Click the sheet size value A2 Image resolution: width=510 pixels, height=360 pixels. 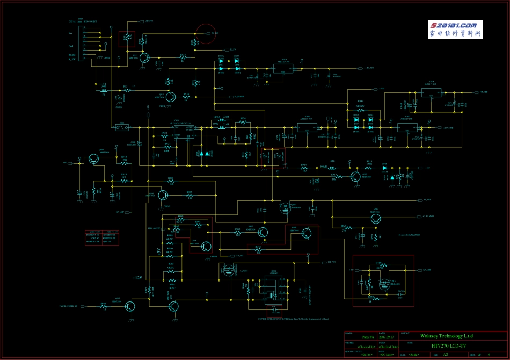pyautogui.click(x=445, y=355)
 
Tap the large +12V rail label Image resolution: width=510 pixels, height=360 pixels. pyautogui.click(x=137, y=278)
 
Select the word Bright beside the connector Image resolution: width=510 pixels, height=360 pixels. pyautogui.click(x=71, y=55)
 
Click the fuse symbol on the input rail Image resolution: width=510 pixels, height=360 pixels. pyautogui.click(x=122, y=127)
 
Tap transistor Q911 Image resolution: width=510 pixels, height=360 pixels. pyautogui.click(x=144, y=59)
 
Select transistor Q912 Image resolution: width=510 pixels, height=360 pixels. pyautogui.click(x=171, y=97)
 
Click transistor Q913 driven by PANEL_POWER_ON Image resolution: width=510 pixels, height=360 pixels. pyautogui.click(x=130, y=306)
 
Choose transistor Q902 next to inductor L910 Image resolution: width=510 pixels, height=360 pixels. pyautogui.click(x=355, y=176)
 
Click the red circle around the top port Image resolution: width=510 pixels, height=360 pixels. pyautogui.click(x=205, y=34)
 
